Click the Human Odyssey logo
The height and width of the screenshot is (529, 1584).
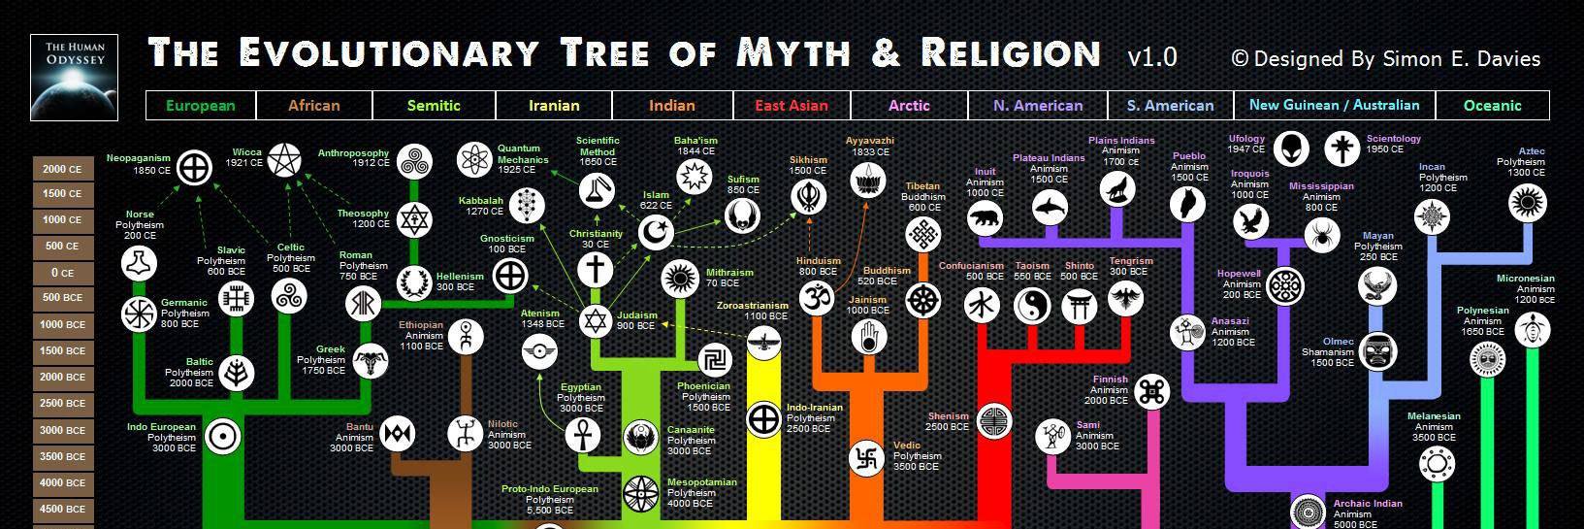click(75, 77)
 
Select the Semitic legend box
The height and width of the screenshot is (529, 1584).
click(435, 106)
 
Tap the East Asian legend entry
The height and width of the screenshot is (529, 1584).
click(792, 106)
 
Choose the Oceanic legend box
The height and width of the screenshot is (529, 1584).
click(1492, 106)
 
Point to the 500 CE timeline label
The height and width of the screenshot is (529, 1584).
click(63, 247)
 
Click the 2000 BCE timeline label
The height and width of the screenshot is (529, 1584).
click(63, 377)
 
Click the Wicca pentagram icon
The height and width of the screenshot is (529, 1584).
click(285, 161)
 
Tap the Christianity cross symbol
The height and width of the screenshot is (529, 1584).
click(596, 270)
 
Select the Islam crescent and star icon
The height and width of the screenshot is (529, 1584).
click(657, 233)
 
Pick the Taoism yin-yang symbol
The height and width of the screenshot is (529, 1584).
click(1032, 307)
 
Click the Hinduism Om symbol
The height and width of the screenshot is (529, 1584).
click(818, 298)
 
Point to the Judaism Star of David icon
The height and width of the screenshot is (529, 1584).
click(596, 322)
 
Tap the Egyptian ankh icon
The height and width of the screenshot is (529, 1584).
click(583, 435)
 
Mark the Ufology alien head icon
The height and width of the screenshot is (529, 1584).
click(1291, 149)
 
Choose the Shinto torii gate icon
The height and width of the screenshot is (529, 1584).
click(1079, 307)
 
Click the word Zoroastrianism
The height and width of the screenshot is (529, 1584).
click(753, 306)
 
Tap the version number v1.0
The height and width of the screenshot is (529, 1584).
click(1152, 57)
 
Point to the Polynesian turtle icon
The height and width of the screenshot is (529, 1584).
click(1533, 330)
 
